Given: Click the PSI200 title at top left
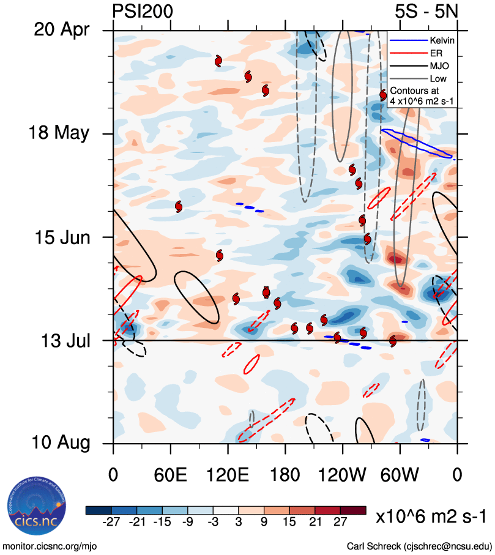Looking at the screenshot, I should point(143,10).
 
